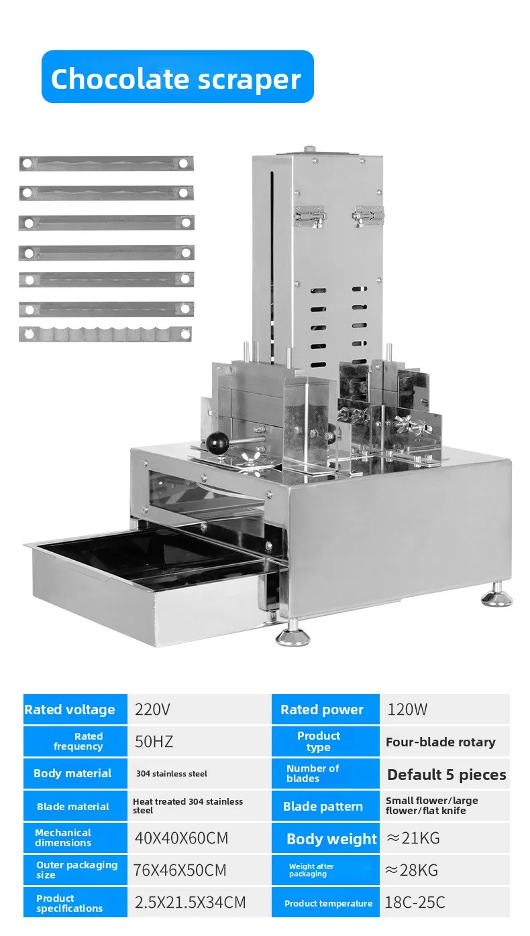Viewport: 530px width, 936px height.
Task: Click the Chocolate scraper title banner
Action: pyautogui.click(x=177, y=77)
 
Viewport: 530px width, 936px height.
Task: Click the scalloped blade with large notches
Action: pyautogui.click(x=105, y=334)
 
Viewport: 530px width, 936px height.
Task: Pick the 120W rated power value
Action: pyautogui.click(x=407, y=709)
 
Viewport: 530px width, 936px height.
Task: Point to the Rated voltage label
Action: pyautogui.click(x=70, y=709)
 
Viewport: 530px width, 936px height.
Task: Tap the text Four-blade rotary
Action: pyautogui.click(x=441, y=742)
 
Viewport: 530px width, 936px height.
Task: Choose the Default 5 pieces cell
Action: pyautogui.click(x=445, y=775)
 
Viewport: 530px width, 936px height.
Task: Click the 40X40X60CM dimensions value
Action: pyautogui.click(x=181, y=838)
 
